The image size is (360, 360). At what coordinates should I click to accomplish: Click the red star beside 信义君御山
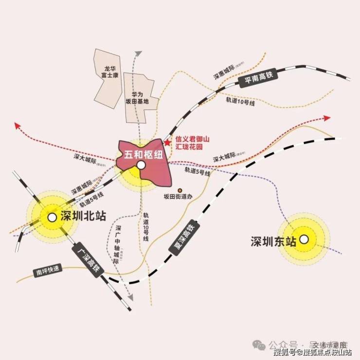[x=167, y=143]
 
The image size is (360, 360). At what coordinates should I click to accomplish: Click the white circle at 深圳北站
[x=51, y=217]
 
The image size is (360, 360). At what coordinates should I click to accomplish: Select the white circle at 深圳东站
[x=304, y=239]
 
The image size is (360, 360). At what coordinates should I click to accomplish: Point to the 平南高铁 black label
[x=259, y=77]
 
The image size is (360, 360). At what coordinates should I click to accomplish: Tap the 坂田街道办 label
[x=179, y=197]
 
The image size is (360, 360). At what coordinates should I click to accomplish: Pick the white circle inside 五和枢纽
[x=141, y=166]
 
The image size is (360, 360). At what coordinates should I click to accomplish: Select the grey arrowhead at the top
[x=139, y=53]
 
